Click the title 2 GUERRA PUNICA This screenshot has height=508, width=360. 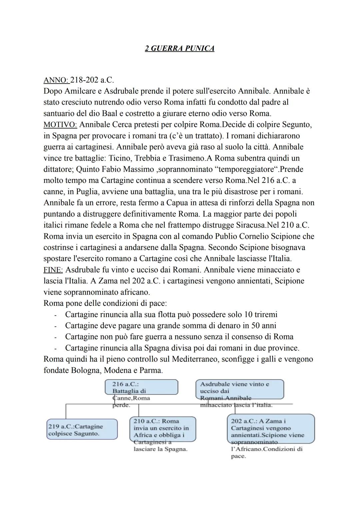(x=180, y=49)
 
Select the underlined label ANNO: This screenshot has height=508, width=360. (x=56, y=80)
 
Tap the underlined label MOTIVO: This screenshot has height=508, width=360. (x=60, y=125)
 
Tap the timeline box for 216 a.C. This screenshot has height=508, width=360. (x=141, y=388)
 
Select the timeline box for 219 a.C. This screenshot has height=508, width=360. (x=82, y=430)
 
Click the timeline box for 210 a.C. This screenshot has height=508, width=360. (x=162, y=429)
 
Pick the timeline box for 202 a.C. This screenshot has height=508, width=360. (x=271, y=428)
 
